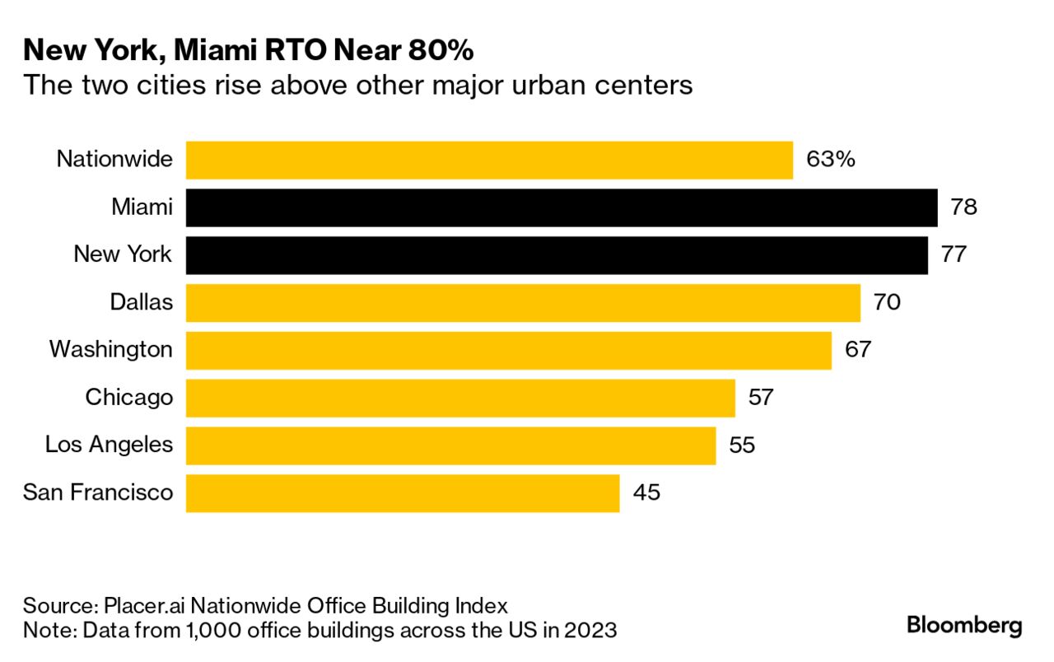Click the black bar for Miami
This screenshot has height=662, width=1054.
561,207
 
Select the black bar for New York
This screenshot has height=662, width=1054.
556,255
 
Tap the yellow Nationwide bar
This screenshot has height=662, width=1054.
489,160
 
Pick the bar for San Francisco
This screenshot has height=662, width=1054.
402,493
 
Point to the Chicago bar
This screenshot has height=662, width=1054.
459,398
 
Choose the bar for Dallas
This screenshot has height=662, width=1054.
523,303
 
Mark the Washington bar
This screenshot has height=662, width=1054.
508,350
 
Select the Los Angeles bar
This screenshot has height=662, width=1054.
450,445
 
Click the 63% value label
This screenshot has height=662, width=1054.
831,160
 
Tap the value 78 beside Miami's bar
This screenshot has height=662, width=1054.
963,207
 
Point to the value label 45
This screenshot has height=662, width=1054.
646,493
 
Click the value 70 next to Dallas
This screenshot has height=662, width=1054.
887,303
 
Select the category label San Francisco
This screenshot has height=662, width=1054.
98,493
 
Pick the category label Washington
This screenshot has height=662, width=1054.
111,350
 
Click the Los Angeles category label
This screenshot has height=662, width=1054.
109,445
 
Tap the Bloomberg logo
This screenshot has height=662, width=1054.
964,626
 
